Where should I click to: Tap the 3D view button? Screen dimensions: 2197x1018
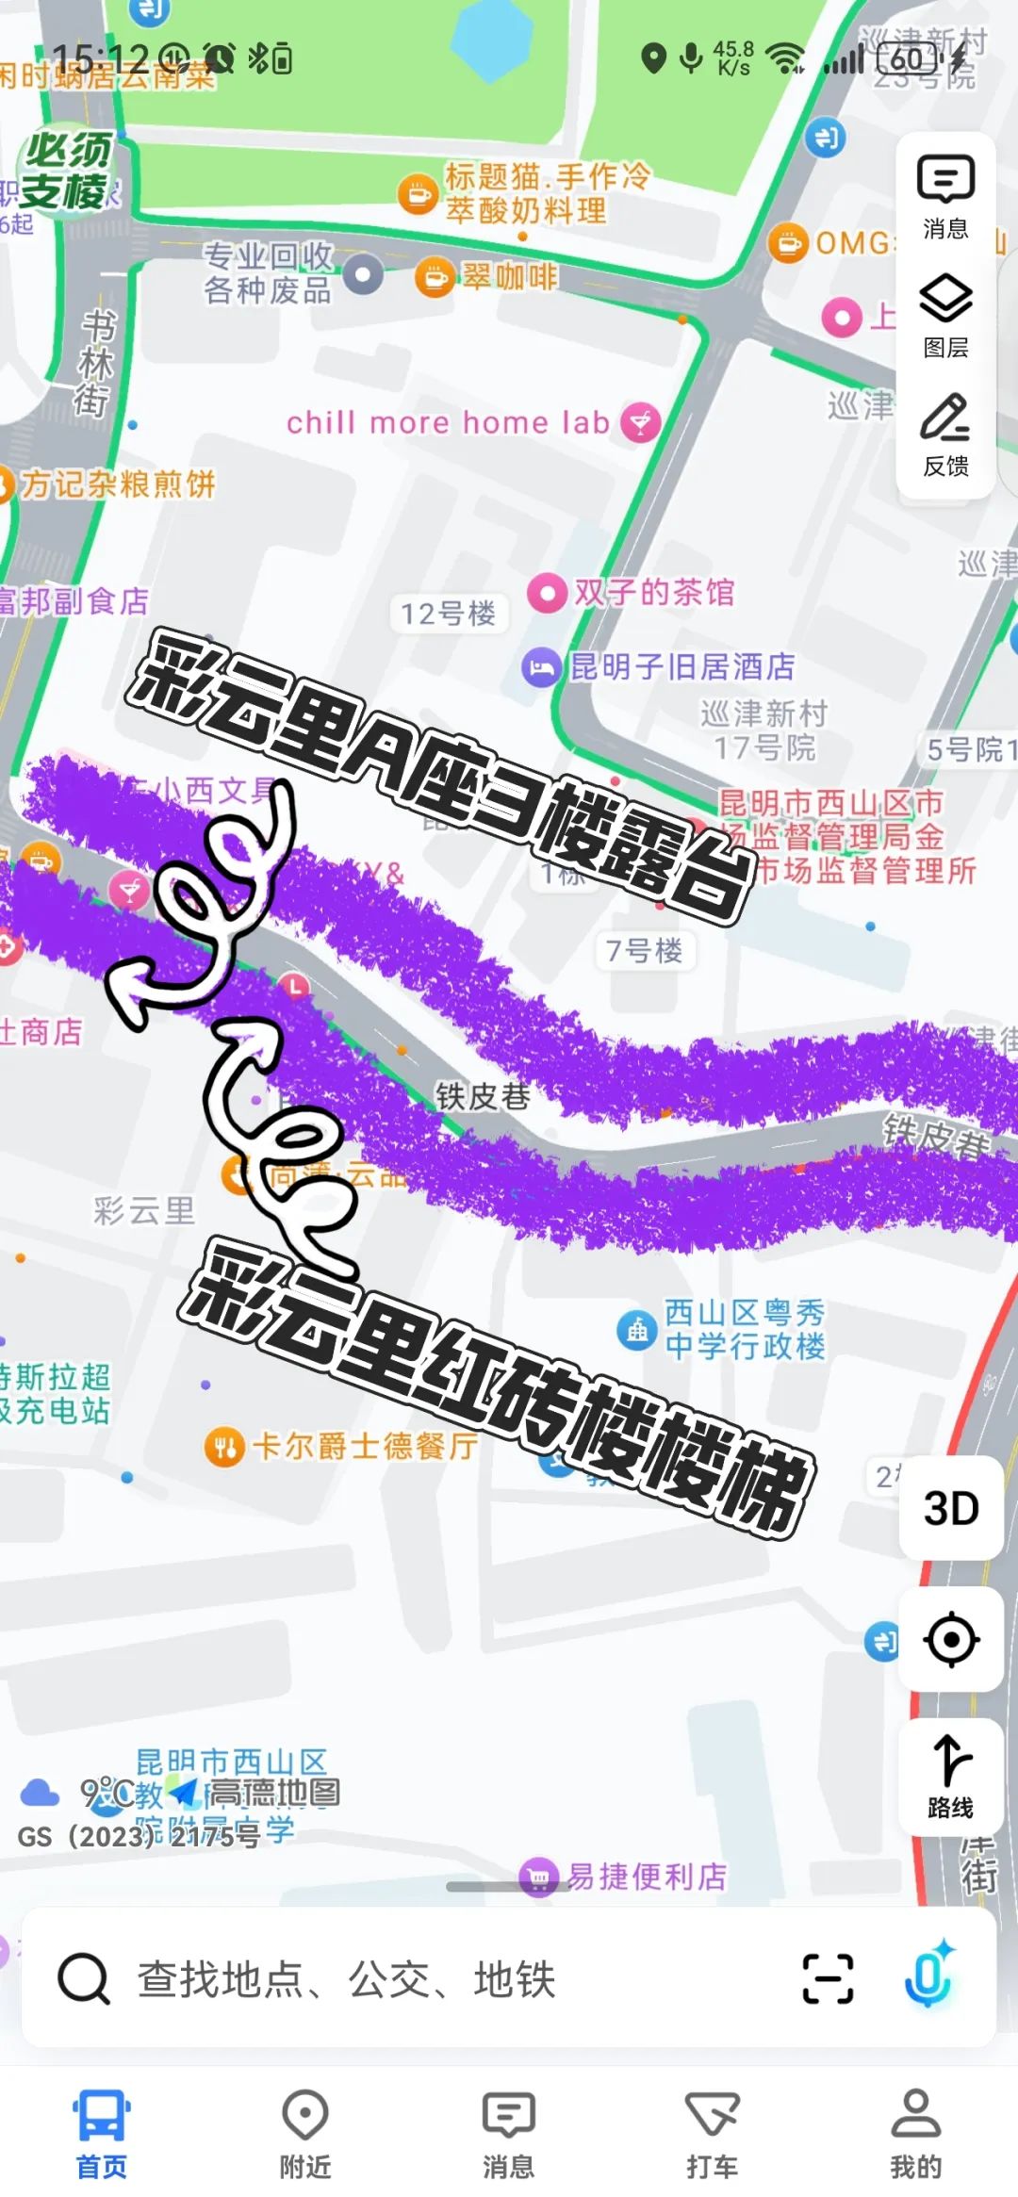(x=950, y=1508)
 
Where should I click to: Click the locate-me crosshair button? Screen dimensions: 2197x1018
(x=950, y=1640)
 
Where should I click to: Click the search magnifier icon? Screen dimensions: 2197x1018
(x=84, y=1978)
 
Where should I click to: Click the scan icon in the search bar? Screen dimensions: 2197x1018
(x=828, y=1978)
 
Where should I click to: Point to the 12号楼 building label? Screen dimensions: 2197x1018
(x=448, y=615)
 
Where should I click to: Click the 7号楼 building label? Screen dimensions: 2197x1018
(x=645, y=950)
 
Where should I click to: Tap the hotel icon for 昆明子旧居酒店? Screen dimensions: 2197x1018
(x=541, y=668)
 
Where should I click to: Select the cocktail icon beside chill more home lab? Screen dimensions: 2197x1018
(x=641, y=422)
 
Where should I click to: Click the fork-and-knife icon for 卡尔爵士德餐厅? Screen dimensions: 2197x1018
(x=224, y=1446)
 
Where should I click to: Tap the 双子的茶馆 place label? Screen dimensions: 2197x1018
(x=654, y=593)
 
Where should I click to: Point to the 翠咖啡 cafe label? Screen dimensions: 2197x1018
(x=509, y=277)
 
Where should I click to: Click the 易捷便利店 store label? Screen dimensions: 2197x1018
(x=647, y=1877)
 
